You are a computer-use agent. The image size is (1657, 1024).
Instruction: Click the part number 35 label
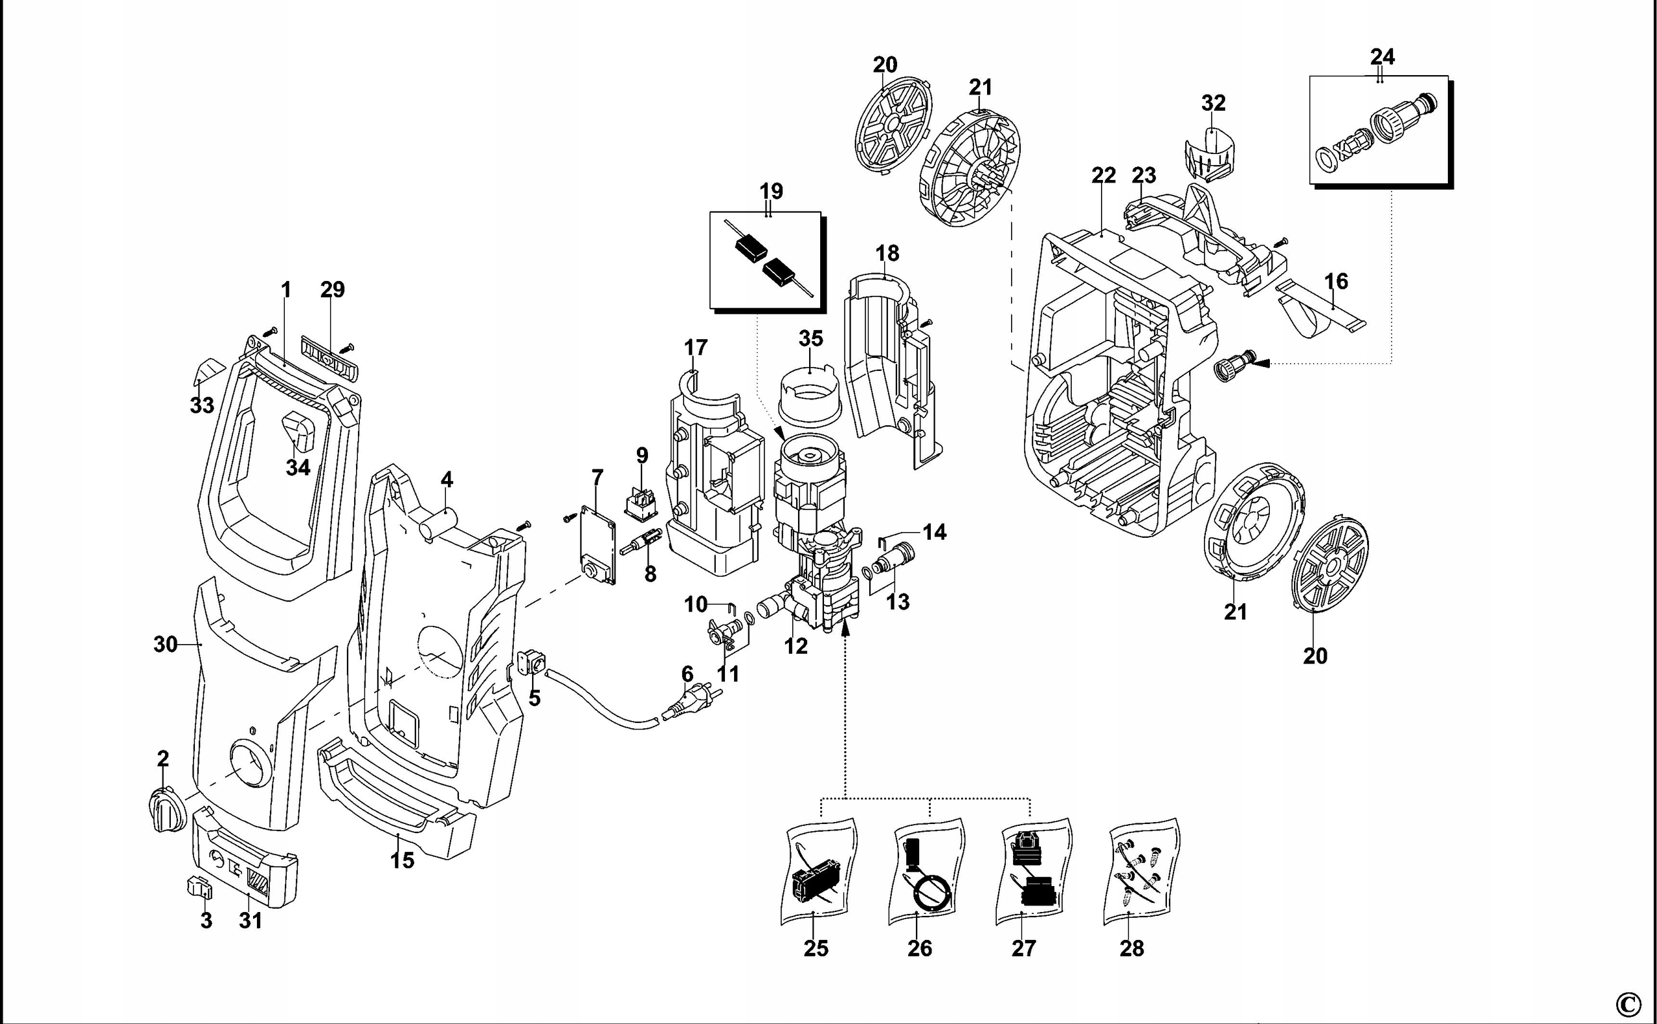pos(810,338)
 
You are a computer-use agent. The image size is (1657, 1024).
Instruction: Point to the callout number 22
pos(1103,175)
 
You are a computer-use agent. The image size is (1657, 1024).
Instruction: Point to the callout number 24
pos(1381,56)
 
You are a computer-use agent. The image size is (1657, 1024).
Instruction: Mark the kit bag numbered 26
pos(925,874)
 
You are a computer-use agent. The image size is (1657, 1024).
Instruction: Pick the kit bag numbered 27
pos(1033,874)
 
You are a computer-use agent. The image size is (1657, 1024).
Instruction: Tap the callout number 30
pos(165,644)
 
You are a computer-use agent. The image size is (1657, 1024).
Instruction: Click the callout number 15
pos(401,860)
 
